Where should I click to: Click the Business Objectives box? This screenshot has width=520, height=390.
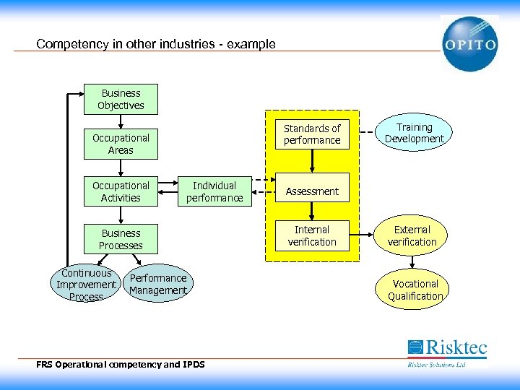(121, 100)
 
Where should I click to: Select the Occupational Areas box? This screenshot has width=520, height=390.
(121, 144)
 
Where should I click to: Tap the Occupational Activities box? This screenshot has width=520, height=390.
(121, 191)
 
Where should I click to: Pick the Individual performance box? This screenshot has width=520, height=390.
(214, 191)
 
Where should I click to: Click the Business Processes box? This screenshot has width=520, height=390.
(121, 239)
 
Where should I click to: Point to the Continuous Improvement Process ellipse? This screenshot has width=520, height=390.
(86, 285)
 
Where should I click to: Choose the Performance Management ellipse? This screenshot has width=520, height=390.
(158, 285)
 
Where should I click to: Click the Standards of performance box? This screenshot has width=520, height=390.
(312, 134)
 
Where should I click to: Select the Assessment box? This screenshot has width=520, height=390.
(312, 191)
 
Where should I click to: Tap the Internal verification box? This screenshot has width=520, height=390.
(312, 236)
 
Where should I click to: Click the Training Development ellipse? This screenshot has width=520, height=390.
(414, 133)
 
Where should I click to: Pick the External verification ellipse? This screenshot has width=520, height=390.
(412, 235)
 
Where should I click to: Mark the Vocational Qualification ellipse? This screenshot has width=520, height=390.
(415, 290)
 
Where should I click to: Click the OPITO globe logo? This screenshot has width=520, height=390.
(469, 43)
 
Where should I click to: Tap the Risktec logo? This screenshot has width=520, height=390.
(447, 352)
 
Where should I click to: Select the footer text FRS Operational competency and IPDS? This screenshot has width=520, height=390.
(120, 364)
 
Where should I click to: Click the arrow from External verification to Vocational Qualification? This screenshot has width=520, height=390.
(412, 262)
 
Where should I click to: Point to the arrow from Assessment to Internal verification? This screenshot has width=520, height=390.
(312, 212)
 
